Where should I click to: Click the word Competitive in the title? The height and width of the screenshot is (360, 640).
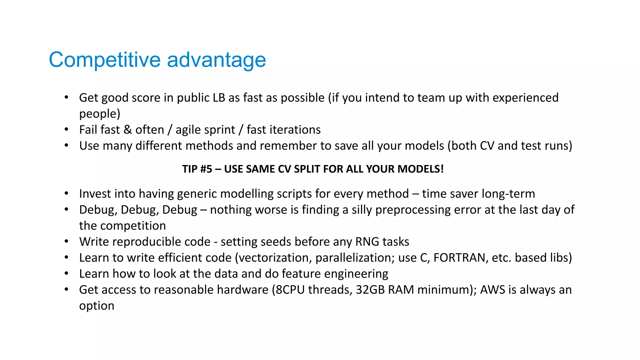105,60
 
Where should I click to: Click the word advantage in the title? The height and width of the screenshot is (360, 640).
216,60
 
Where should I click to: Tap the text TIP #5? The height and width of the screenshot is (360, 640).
197,169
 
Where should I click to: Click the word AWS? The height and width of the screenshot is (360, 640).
492,290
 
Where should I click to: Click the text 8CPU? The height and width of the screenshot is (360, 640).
290,290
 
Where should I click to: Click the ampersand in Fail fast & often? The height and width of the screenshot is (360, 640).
127,130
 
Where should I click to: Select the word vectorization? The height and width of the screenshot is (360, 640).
275,258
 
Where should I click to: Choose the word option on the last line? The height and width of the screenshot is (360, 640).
97,306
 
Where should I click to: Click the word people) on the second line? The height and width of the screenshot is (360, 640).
99,114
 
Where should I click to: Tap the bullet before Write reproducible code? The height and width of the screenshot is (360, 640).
66,241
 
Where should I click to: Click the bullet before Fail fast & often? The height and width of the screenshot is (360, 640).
66,129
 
